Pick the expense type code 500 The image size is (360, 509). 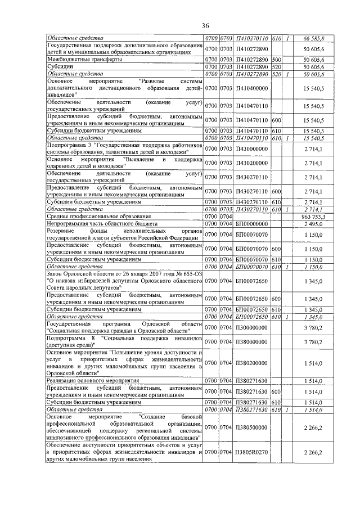(277, 59)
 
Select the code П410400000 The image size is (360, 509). (251, 88)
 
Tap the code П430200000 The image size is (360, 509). (251, 163)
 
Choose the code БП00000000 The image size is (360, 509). (251, 223)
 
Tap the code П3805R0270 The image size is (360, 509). (251, 452)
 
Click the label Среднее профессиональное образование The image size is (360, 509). (91, 216)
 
